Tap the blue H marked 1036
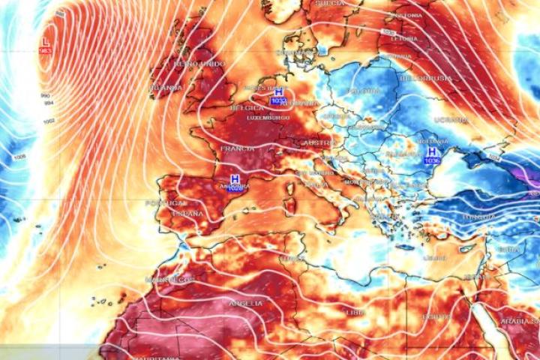pyautogui.click(x=431, y=152)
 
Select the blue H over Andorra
pyautogui.click(x=235, y=180)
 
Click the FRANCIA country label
pyautogui.click(x=237, y=148)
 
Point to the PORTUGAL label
pyautogui.click(x=165, y=203)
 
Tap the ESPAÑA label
pyautogui.click(x=187, y=214)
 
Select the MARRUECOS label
pyautogui.click(x=169, y=280)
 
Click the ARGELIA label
pyautogui.click(x=246, y=303)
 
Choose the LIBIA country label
pyautogui.click(x=355, y=311)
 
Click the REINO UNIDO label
pyautogui.click(x=199, y=64)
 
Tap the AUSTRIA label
pyautogui.click(x=317, y=142)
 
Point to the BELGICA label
pyautogui.click(x=247, y=108)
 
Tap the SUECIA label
pyautogui.click(x=330, y=4)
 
